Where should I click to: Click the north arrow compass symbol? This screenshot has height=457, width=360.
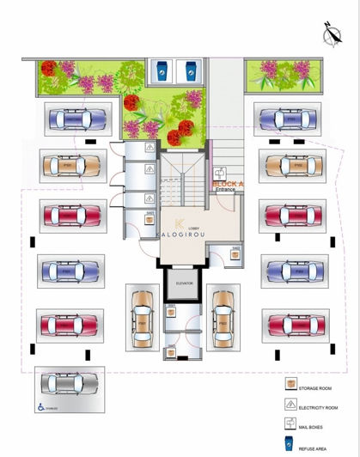tap(331, 34)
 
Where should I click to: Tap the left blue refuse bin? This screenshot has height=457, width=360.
tap(162, 70)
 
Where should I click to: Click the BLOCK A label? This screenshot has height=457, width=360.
tap(227, 184)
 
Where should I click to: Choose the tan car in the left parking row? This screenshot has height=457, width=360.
tap(72, 164)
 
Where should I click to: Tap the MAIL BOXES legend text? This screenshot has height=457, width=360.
tap(310, 425)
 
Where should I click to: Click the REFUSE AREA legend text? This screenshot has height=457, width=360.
tap(312, 447)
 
